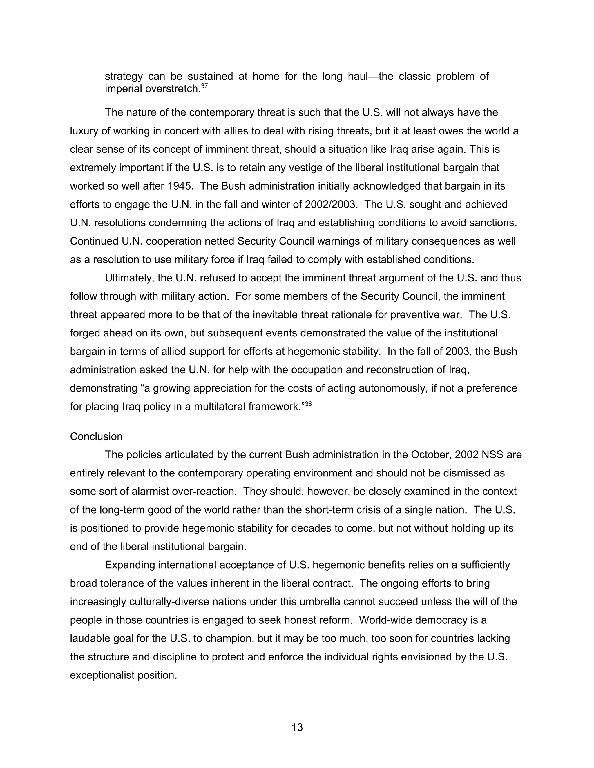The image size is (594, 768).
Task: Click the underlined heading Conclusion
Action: click(x=96, y=436)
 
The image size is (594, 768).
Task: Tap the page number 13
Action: click(x=297, y=727)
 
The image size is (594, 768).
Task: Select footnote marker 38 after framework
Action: click(x=308, y=404)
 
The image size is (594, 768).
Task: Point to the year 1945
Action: click(x=180, y=186)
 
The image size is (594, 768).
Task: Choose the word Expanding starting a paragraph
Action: click(x=130, y=565)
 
